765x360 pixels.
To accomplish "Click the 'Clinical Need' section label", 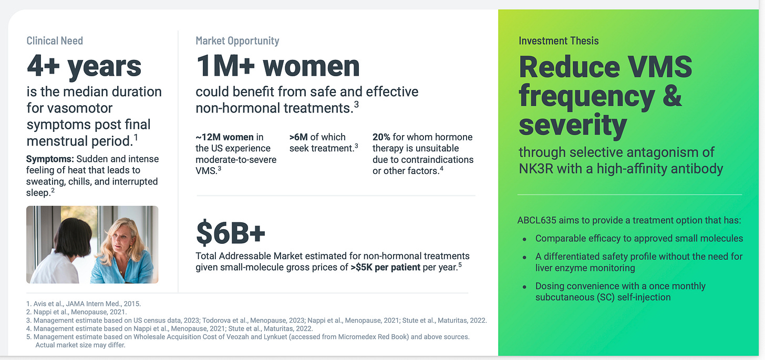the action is click(x=55, y=40).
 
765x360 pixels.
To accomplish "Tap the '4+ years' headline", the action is click(x=84, y=66).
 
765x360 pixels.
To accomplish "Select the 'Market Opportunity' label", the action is click(x=237, y=40).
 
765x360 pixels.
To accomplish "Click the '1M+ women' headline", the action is click(x=277, y=66).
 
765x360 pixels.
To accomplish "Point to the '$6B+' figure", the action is click(x=231, y=233).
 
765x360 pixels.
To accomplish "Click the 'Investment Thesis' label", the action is click(x=559, y=40).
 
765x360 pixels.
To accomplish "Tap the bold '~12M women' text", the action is click(x=224, y=137).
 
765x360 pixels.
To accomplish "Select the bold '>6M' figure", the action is click(x=298, y=137).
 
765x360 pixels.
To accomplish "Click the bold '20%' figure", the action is click(x=381, y=137).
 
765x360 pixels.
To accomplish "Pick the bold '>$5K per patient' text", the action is click(x=385, y=267).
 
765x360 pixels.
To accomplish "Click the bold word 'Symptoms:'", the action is click(x=50, y=159).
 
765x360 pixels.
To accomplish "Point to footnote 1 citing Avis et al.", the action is click(x=84, y=304).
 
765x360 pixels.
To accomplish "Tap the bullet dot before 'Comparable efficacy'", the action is click(x=524, y=239).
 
